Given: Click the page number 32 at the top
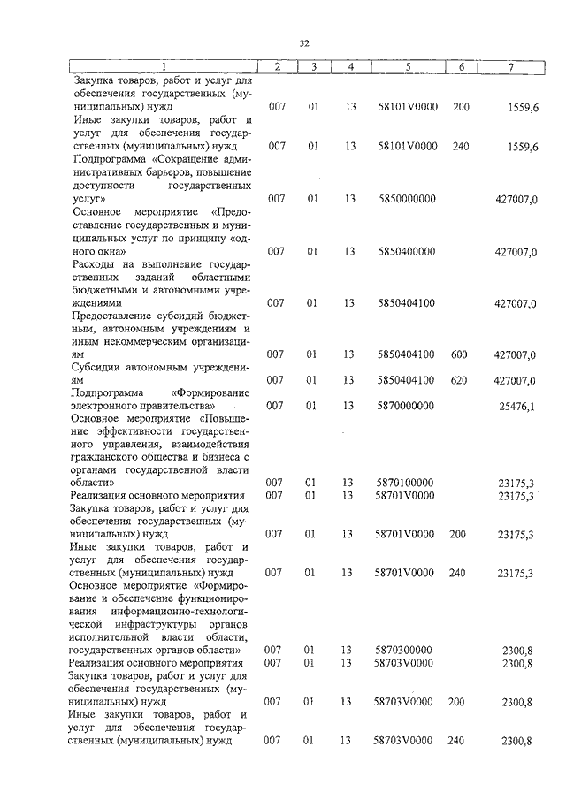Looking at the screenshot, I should pos(304,42).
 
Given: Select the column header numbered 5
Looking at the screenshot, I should pos(408,67).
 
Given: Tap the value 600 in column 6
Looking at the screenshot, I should pos(459,354).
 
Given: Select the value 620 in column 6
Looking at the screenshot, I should pos(459,380).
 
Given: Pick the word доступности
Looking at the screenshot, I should pos(103,187).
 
